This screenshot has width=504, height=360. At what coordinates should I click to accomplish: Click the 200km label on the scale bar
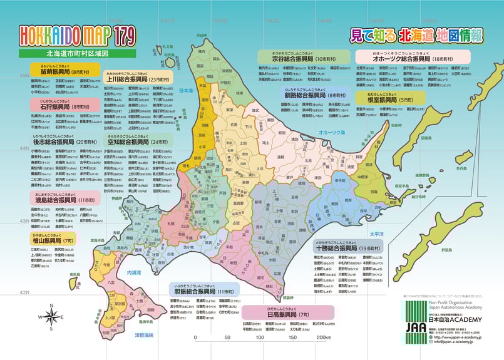tap(324, 337)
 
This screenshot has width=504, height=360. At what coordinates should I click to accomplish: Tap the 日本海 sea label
tap(187, 91)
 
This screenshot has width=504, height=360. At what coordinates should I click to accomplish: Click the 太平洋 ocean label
tap(376, 234)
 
